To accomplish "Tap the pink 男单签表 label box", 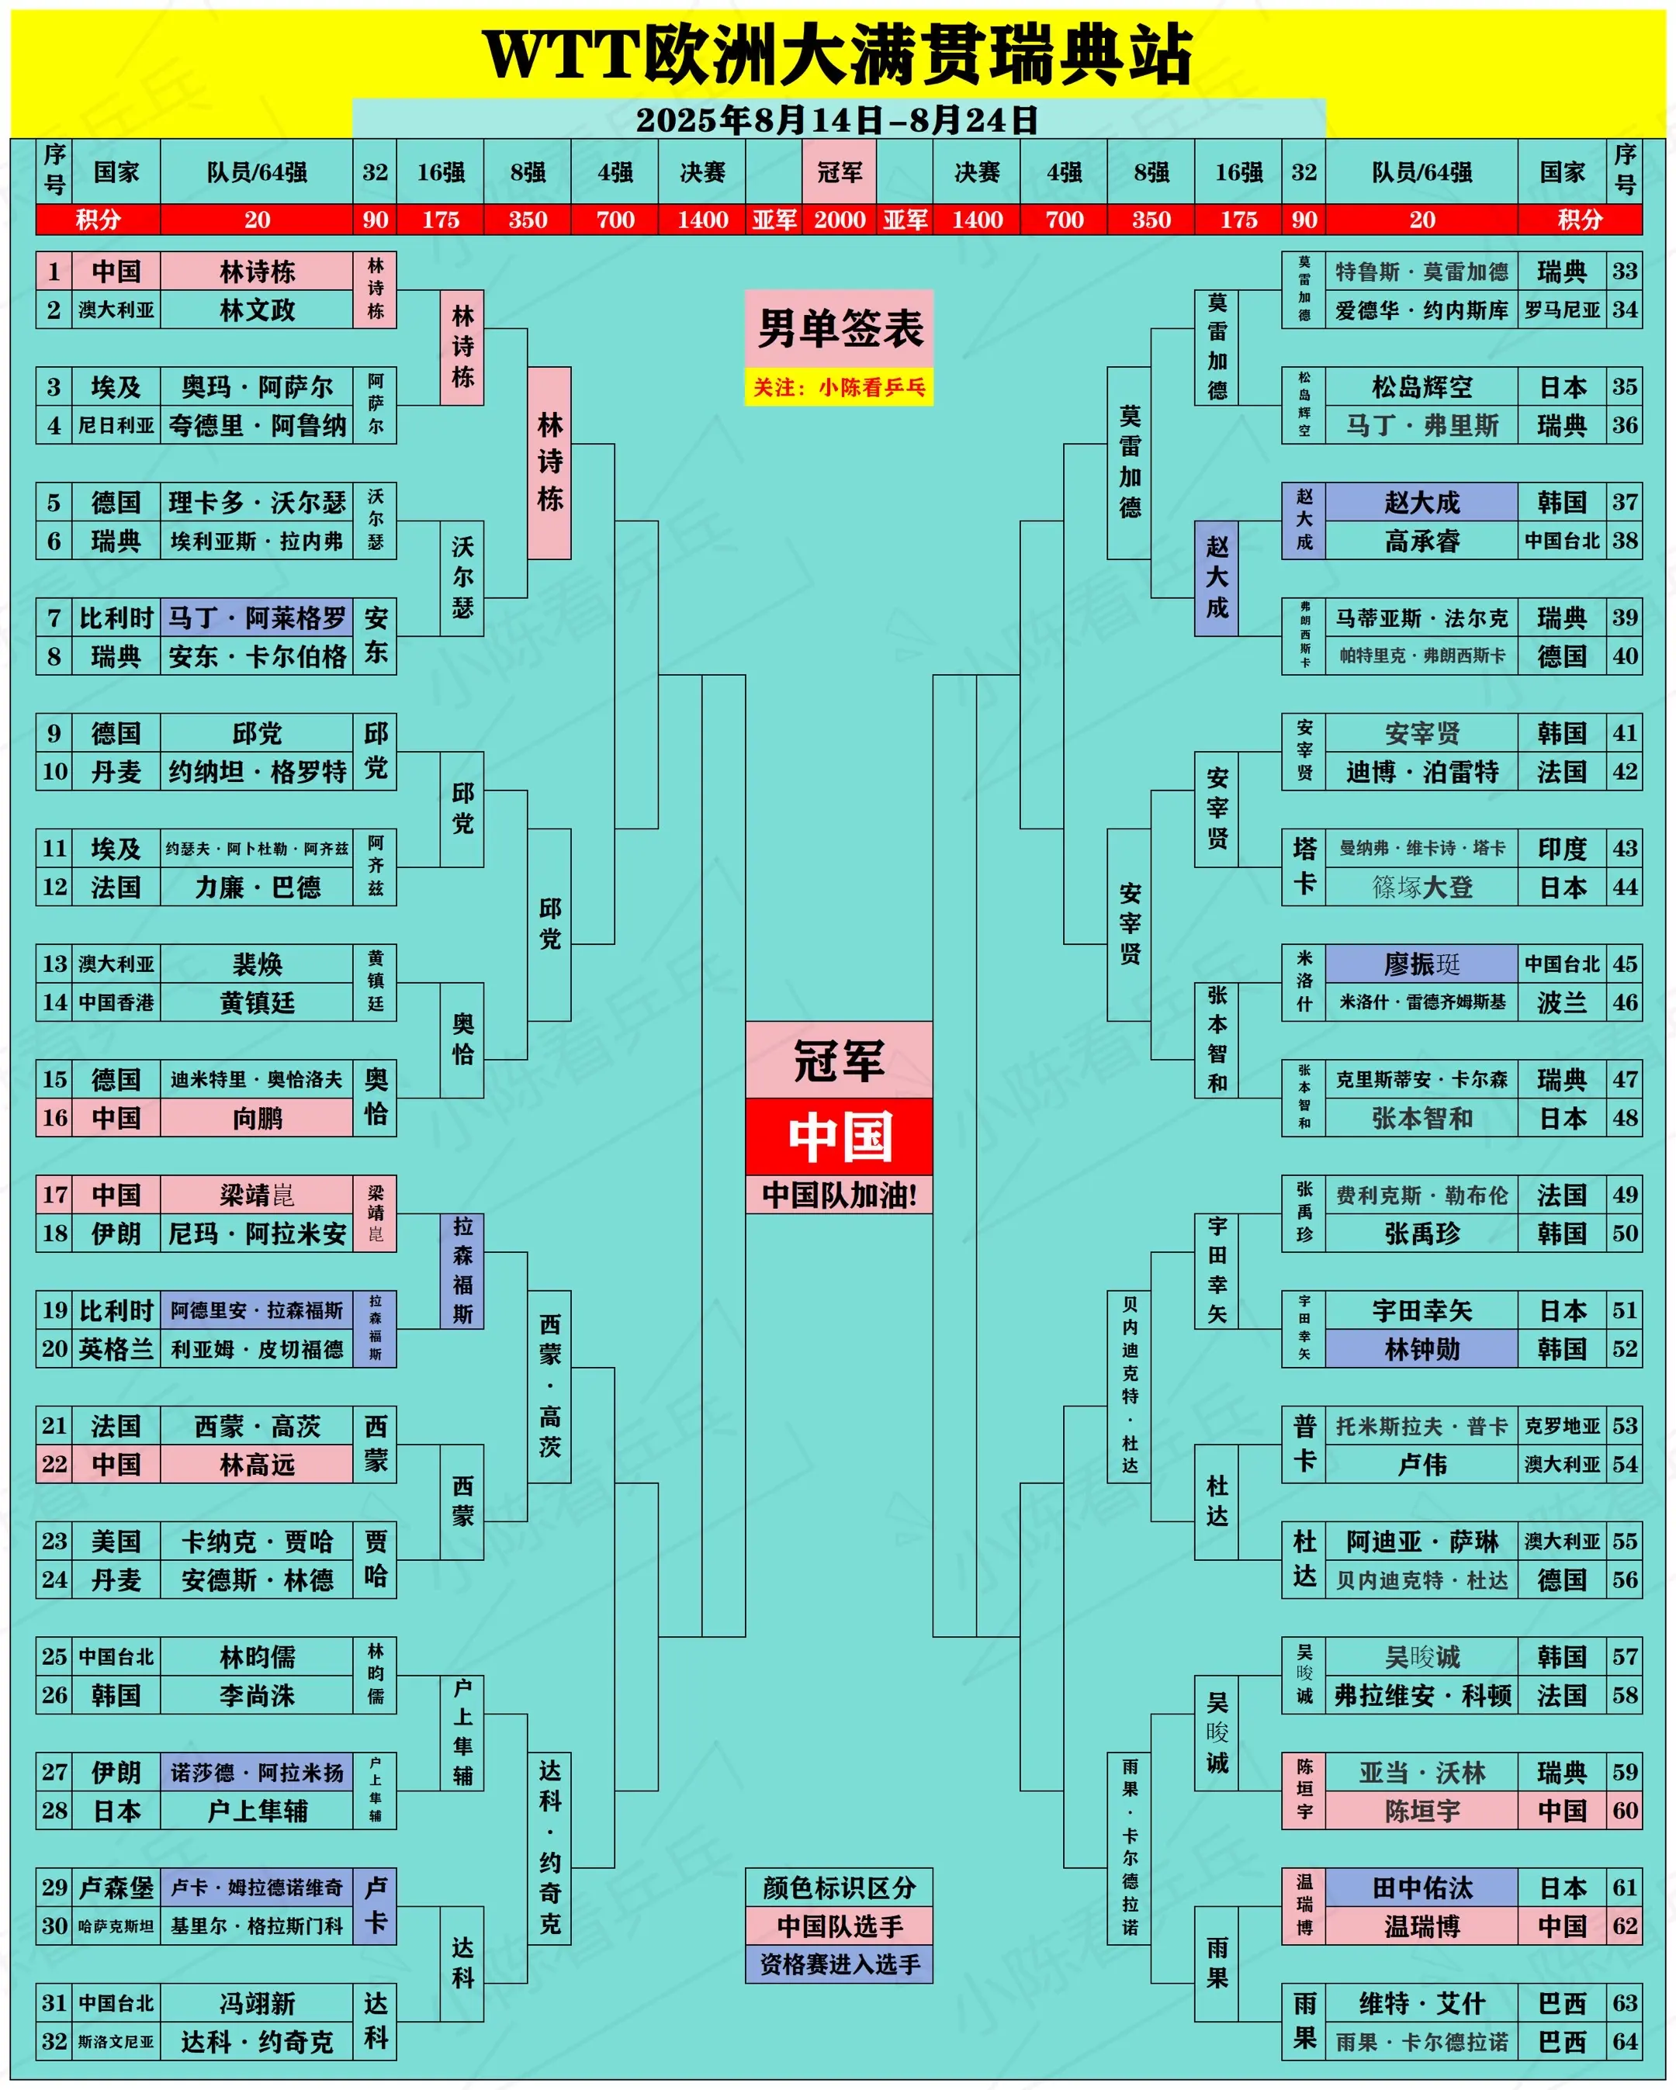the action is point(840,329).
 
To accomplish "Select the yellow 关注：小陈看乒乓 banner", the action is point(840,388).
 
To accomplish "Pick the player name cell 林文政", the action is point(257,310).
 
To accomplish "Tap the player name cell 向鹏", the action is point(257,1118).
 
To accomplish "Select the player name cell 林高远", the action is point(257,1464).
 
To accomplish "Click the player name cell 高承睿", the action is point(1422,541).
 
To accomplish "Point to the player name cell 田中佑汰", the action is point(1422,1888).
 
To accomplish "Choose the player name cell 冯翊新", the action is point(257,2003).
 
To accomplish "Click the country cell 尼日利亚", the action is point(116,426).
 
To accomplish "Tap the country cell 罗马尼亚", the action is point(1562,310).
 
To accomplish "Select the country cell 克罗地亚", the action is point(1562,1426).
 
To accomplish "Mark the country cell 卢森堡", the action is point(116,1888).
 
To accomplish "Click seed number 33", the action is point(1625,272).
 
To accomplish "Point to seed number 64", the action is point(1625,2042).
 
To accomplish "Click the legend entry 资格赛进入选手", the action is point(840,1965).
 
